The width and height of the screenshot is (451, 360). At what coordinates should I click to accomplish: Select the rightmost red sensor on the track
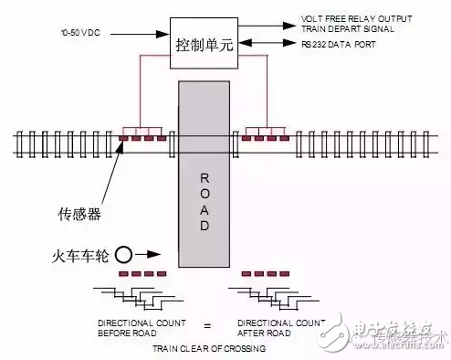[284, 139]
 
